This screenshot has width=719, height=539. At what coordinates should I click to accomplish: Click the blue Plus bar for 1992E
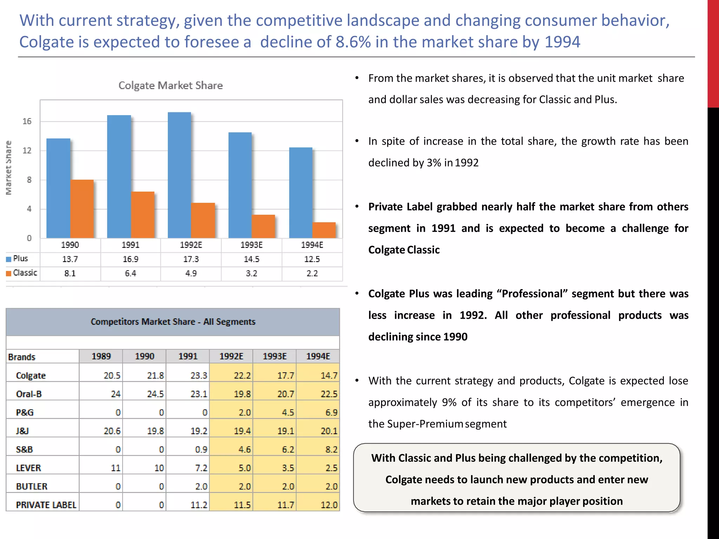point(179,175)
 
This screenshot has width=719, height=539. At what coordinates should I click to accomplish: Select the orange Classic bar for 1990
point(82,209)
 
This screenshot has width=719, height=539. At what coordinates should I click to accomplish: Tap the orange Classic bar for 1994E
point(324,230)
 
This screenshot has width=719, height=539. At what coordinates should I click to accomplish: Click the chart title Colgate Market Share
point(171,85)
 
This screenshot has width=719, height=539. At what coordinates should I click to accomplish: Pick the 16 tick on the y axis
point(27,121)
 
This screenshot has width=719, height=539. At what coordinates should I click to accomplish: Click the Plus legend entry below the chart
point(20,259)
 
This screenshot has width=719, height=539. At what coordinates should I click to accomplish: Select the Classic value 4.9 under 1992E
point(191,273)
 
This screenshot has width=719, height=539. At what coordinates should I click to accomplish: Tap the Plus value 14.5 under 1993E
point(251,259)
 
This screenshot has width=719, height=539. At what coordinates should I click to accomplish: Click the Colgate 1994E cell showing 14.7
point(329,375)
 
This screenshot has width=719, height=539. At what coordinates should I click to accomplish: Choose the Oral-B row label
point(29,394)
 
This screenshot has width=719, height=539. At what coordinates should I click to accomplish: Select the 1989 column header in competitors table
point(101,357)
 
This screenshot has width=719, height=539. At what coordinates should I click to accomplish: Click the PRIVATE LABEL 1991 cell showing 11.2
point(199,505)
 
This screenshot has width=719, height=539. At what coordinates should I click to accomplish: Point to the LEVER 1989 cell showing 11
point(116,468)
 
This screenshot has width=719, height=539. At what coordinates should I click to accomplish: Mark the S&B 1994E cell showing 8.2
point(331,450)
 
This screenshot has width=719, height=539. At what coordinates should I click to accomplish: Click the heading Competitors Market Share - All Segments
point(173,322)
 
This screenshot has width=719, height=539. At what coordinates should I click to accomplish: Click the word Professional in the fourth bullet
point(532,294)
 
